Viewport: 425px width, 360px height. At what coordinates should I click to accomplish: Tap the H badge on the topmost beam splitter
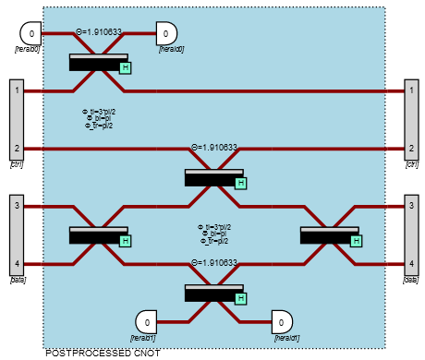click(126, 67)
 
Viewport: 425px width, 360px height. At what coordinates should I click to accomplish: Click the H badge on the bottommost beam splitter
click(241, 298)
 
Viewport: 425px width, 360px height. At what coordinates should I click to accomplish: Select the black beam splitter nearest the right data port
click(329, 235)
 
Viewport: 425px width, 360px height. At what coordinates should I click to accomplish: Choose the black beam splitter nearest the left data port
click(98, 235)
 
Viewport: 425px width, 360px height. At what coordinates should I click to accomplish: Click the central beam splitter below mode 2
click(213, 177)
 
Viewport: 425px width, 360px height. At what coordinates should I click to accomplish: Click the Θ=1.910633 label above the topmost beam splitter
click(98, 31)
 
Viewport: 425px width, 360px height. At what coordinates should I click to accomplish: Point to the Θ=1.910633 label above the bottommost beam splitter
click(213, 263)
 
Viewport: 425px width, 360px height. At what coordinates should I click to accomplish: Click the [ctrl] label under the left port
click(17, 164)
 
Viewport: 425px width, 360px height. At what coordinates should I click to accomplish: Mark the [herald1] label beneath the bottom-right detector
click(286, 338)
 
